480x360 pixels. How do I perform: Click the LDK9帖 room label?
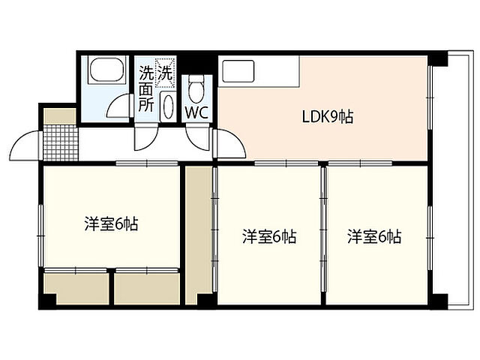point(327,116)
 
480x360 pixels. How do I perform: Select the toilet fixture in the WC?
point(197,91)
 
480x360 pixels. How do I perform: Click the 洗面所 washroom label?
point(145,90)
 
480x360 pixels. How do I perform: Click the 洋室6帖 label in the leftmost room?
point(111,223)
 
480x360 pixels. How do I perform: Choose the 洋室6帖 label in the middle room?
point(268,237)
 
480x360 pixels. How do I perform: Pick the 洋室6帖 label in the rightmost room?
point(373,237)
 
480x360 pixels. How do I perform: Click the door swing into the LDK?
point(229,142)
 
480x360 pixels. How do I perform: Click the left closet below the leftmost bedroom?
point(75,289)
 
